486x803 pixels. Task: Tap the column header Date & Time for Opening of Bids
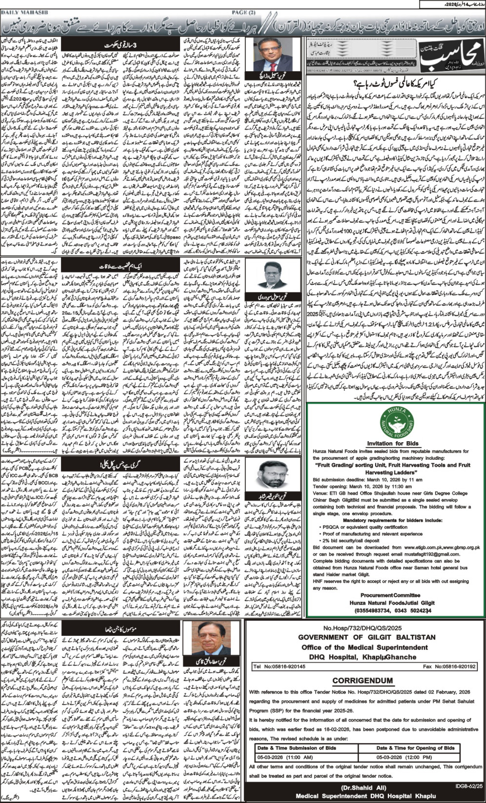(415, 747)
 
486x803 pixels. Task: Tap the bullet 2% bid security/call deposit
(351, 541)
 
